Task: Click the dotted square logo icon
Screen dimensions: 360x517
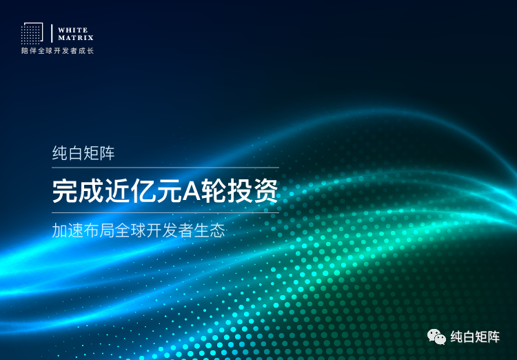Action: [32, 33]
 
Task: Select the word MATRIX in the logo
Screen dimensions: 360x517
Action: [76, 37]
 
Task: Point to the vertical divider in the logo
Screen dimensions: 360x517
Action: [52, 33]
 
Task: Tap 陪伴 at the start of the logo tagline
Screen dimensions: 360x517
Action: [27, 51]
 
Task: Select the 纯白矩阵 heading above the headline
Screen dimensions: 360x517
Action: [83, 153]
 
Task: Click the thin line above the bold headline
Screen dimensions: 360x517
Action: [165, 168]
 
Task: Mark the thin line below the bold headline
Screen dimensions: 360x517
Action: [165, 212]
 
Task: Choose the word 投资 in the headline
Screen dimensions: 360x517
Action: [256, 191]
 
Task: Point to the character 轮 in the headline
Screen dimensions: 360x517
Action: [214, 191]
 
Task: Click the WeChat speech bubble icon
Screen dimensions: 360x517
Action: [436, 337]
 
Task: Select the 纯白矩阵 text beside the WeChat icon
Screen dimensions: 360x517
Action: [475, 337]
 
